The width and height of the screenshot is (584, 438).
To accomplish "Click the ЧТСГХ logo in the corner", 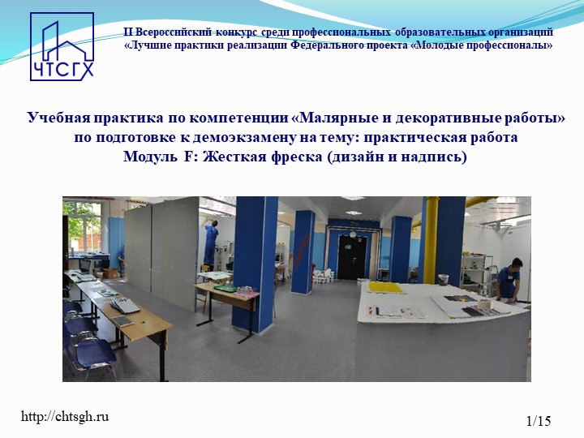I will pos(62,47).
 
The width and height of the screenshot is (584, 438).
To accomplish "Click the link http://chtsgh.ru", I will pos(64,417).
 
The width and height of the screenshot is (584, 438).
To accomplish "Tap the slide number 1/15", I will pos(538,420).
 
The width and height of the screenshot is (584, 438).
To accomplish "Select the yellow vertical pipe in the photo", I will pos(431,235).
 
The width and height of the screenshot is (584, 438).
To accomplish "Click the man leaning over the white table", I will pos(509,280).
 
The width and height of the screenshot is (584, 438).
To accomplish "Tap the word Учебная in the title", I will pos(56,119).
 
